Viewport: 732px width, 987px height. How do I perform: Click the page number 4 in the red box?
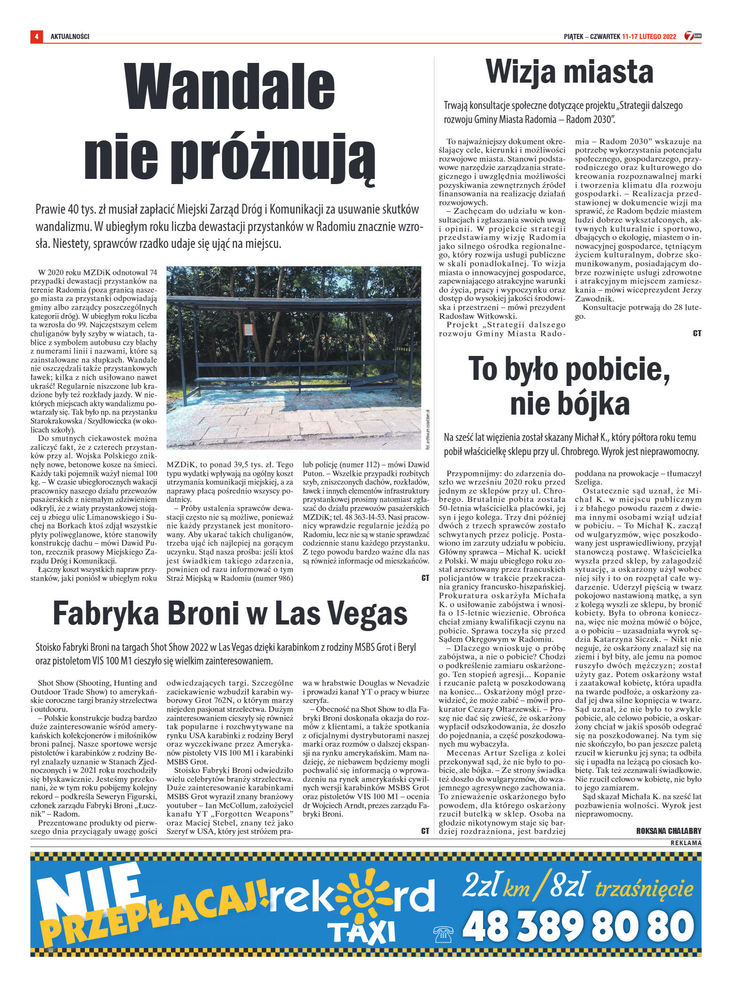pyautogui.click(x=36, y=36)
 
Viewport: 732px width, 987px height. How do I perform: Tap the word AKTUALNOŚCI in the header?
pyautogui.click(x=70, y=36)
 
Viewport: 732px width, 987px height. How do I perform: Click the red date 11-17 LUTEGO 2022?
pyautogui.click(x=649, y=36)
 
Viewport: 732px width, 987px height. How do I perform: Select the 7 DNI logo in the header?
pyautogui.click(x=693, y=36)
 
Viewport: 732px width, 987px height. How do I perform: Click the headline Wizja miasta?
pyautogui.click(x=569, y=72)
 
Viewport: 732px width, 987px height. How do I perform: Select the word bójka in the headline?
pyautogui.click(x=594, y=404)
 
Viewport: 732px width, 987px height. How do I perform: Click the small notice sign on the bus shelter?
pyautogui.click(x=248, y=329)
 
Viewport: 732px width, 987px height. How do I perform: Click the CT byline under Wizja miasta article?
pyautogui.click(x=697, y=333)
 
